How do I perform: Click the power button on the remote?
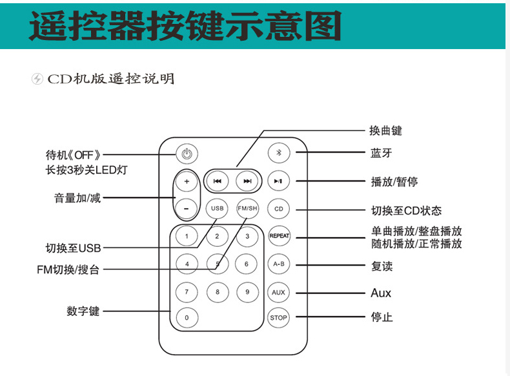(x=187, y=154)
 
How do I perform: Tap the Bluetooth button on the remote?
(x=279, y=152)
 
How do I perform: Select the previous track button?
(x=217, y=182)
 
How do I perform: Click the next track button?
(x=247, y=182)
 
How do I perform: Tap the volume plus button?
(x=187, y=182)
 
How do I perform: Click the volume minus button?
(x=187, y=209)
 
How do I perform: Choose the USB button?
(x=217, y=209)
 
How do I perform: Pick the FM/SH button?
(x=247, y=209)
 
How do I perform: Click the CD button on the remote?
(x=279, y=209)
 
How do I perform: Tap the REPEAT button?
(x=279, y=236)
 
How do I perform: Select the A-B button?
(x=279, y=264)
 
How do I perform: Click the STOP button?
(x=279, y=317)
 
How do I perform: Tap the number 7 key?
(x=187, y=292)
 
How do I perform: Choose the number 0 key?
(x=187, y=317)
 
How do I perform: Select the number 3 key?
(x=247, y=236)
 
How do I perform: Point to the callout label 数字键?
(x=83, y=311)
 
